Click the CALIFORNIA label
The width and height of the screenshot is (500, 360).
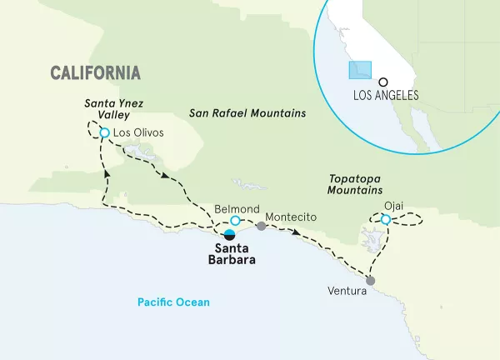point(95,72)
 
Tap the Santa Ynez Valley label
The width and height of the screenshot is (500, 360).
point(104,107)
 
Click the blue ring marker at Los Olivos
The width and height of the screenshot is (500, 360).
point(104,132)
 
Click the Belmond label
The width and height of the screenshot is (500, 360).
point(237,208)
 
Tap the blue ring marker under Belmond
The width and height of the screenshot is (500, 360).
point(235,221)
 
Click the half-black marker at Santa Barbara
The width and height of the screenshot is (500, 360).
point(228,234)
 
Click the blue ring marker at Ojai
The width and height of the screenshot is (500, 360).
point(385,220)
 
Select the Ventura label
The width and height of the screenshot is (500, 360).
point(347,292)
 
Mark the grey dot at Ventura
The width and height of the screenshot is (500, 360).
point(370,281)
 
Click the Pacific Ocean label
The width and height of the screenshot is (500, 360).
point(175,302)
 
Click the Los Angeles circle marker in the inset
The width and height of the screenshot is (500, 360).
point(382,82)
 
